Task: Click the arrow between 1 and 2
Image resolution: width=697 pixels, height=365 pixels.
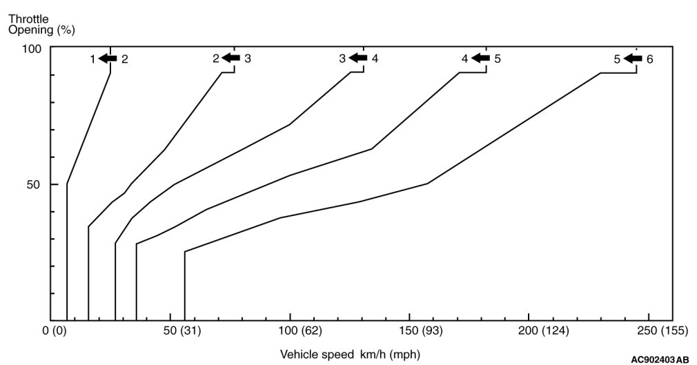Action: (x=107, y=59)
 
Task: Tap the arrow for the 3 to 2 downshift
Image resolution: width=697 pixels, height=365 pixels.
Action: (x=230, y=58)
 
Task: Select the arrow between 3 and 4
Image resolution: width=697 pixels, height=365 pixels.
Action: (x=357, y=58)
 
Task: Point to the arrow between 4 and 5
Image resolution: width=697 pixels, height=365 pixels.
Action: (x=480, y=59)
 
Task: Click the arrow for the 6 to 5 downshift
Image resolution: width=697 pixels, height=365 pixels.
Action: (x=633, y=59)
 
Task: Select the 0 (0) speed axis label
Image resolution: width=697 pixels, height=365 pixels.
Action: (x=54, y=332)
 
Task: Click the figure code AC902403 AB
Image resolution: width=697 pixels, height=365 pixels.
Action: (x=659, y=359)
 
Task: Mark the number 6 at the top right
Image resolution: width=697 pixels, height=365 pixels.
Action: (x=649, y=59)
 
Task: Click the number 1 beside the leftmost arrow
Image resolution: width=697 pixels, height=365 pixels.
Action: (x=92, y=59)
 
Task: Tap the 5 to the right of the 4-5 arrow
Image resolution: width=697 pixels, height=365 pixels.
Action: (x=497, y=59)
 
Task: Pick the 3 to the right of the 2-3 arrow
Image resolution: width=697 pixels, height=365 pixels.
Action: (x=247, y=59)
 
